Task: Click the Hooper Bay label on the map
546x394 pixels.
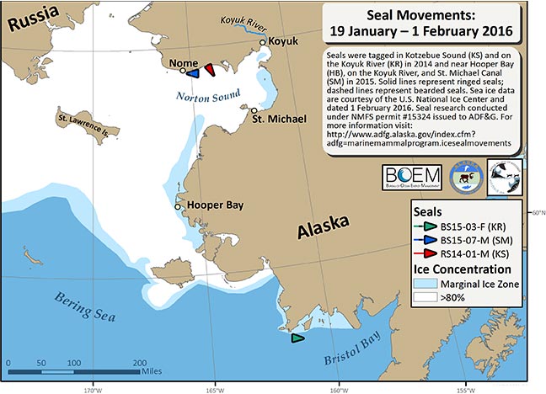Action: click(211, 205)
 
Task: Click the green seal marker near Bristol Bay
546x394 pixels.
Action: click(297, 338)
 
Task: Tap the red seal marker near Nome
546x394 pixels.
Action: click(209, 69)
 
